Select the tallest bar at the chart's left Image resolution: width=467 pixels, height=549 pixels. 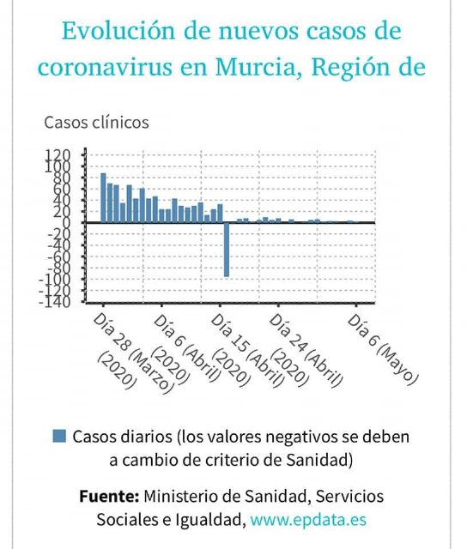[103, 198]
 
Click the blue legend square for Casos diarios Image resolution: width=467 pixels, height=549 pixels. [59, 436]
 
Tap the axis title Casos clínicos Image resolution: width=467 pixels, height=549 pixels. [96, 122]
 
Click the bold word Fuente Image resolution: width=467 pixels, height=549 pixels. [108, 497]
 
